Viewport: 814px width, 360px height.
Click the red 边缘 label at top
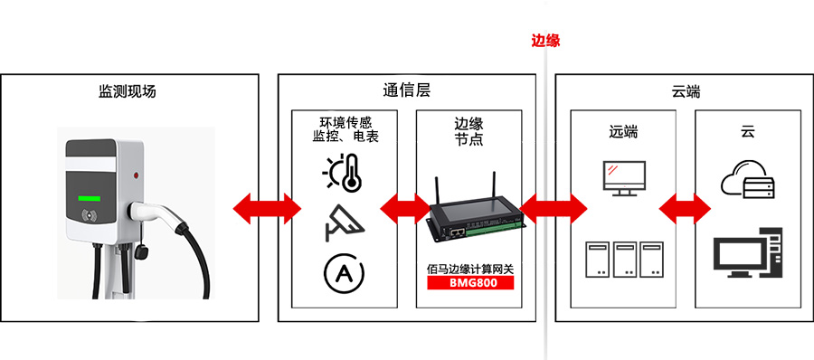(546, 41)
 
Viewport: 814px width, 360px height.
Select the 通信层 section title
(406, 91)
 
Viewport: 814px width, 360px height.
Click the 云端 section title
(686, 91)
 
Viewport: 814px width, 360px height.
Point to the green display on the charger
(90, 196)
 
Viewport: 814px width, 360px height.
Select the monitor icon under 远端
(624, 178)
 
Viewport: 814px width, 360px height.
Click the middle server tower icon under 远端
(624, 259)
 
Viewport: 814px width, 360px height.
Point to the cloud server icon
(747, 181)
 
